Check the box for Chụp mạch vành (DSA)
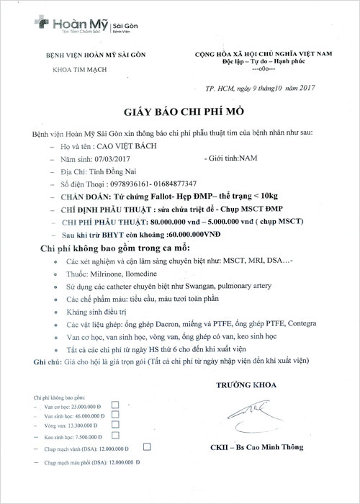[147, 446]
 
